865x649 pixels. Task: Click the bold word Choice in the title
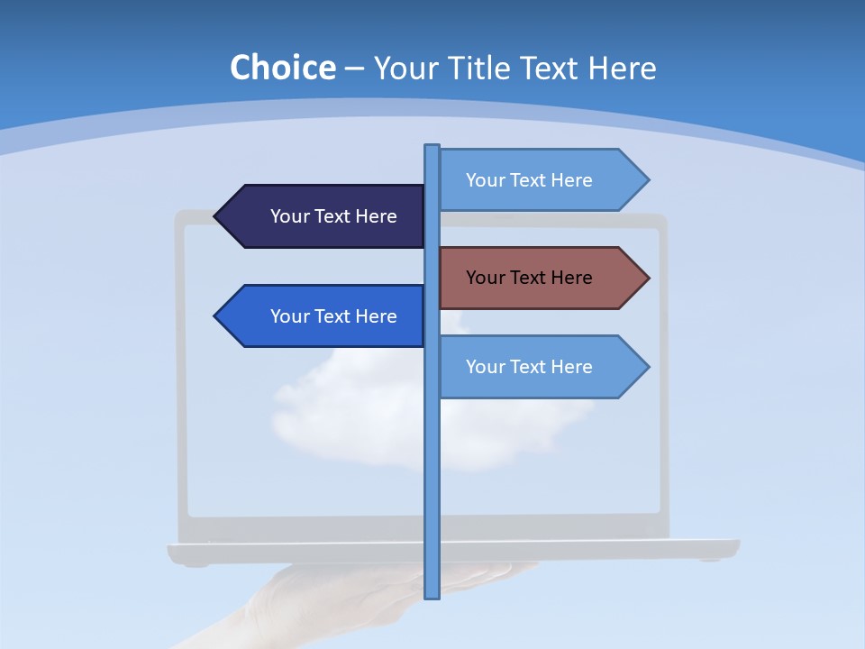click(x=282, y=68)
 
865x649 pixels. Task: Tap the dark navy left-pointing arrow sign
click(x=324, y=216)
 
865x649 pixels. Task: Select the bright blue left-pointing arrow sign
click(x=324, y=316)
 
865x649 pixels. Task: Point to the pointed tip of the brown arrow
click(x=646, y=278)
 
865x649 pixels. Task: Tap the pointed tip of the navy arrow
click(x=217, y=216)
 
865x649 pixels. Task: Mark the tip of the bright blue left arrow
click(x=217, y=316)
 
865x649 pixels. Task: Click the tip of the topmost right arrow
click(x=646, y=180)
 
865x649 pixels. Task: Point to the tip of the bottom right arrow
click(x=646, y=367)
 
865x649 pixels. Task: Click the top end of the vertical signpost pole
click(x=432, y=148)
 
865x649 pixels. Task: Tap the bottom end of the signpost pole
click(x=432, y=594)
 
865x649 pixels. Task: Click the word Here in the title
click(x=622, y=68)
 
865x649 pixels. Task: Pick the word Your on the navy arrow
click(x=289, y=216)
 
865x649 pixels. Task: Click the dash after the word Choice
click(x=354, y=69)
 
